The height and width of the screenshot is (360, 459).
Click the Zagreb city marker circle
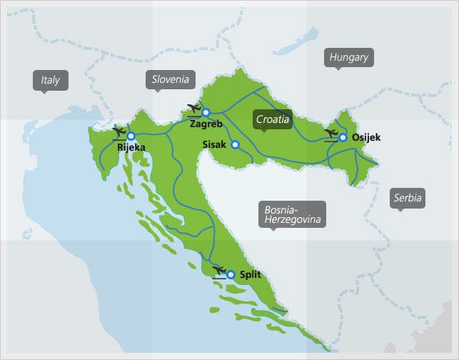point(206,112)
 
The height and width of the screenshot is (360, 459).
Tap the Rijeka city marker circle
point(131,135)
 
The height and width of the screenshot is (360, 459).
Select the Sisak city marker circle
point(235,144)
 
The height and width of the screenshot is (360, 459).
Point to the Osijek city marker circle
point(343,137)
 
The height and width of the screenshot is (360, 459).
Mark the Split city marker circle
point(231,274)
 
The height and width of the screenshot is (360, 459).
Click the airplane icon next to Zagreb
point(192,109)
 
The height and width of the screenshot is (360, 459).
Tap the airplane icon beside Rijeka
point(118,131)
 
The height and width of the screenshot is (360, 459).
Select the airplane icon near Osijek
point(331,134)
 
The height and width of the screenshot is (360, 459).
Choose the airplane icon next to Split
point(217,270)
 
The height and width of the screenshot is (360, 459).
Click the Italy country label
point(51,81)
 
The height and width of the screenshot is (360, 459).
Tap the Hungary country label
point(349,57)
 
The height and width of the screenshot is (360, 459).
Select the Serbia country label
point(408,198)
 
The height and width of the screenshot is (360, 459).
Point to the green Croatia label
point(273,120)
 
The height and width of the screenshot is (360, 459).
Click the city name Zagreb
point(206,124)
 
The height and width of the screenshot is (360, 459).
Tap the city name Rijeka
point(131,148)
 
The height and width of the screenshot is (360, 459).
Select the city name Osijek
point(367,138)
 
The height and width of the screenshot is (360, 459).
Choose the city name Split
point(251,274)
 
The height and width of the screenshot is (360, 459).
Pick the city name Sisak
point(214,144)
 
